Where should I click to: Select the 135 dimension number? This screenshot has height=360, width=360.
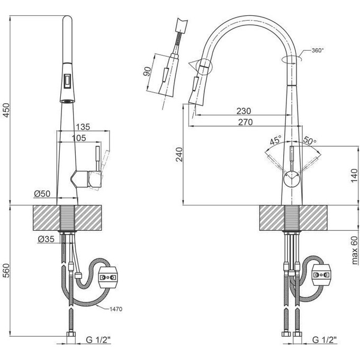point(83,128)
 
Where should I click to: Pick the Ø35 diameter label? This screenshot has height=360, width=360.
point(46,240)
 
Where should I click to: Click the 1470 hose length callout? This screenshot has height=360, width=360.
point(117,309)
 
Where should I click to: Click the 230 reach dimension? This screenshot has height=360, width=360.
point(243,111)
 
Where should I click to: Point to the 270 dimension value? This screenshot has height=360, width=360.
point(245,122)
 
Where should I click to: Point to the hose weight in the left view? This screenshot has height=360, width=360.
point(110,275)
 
